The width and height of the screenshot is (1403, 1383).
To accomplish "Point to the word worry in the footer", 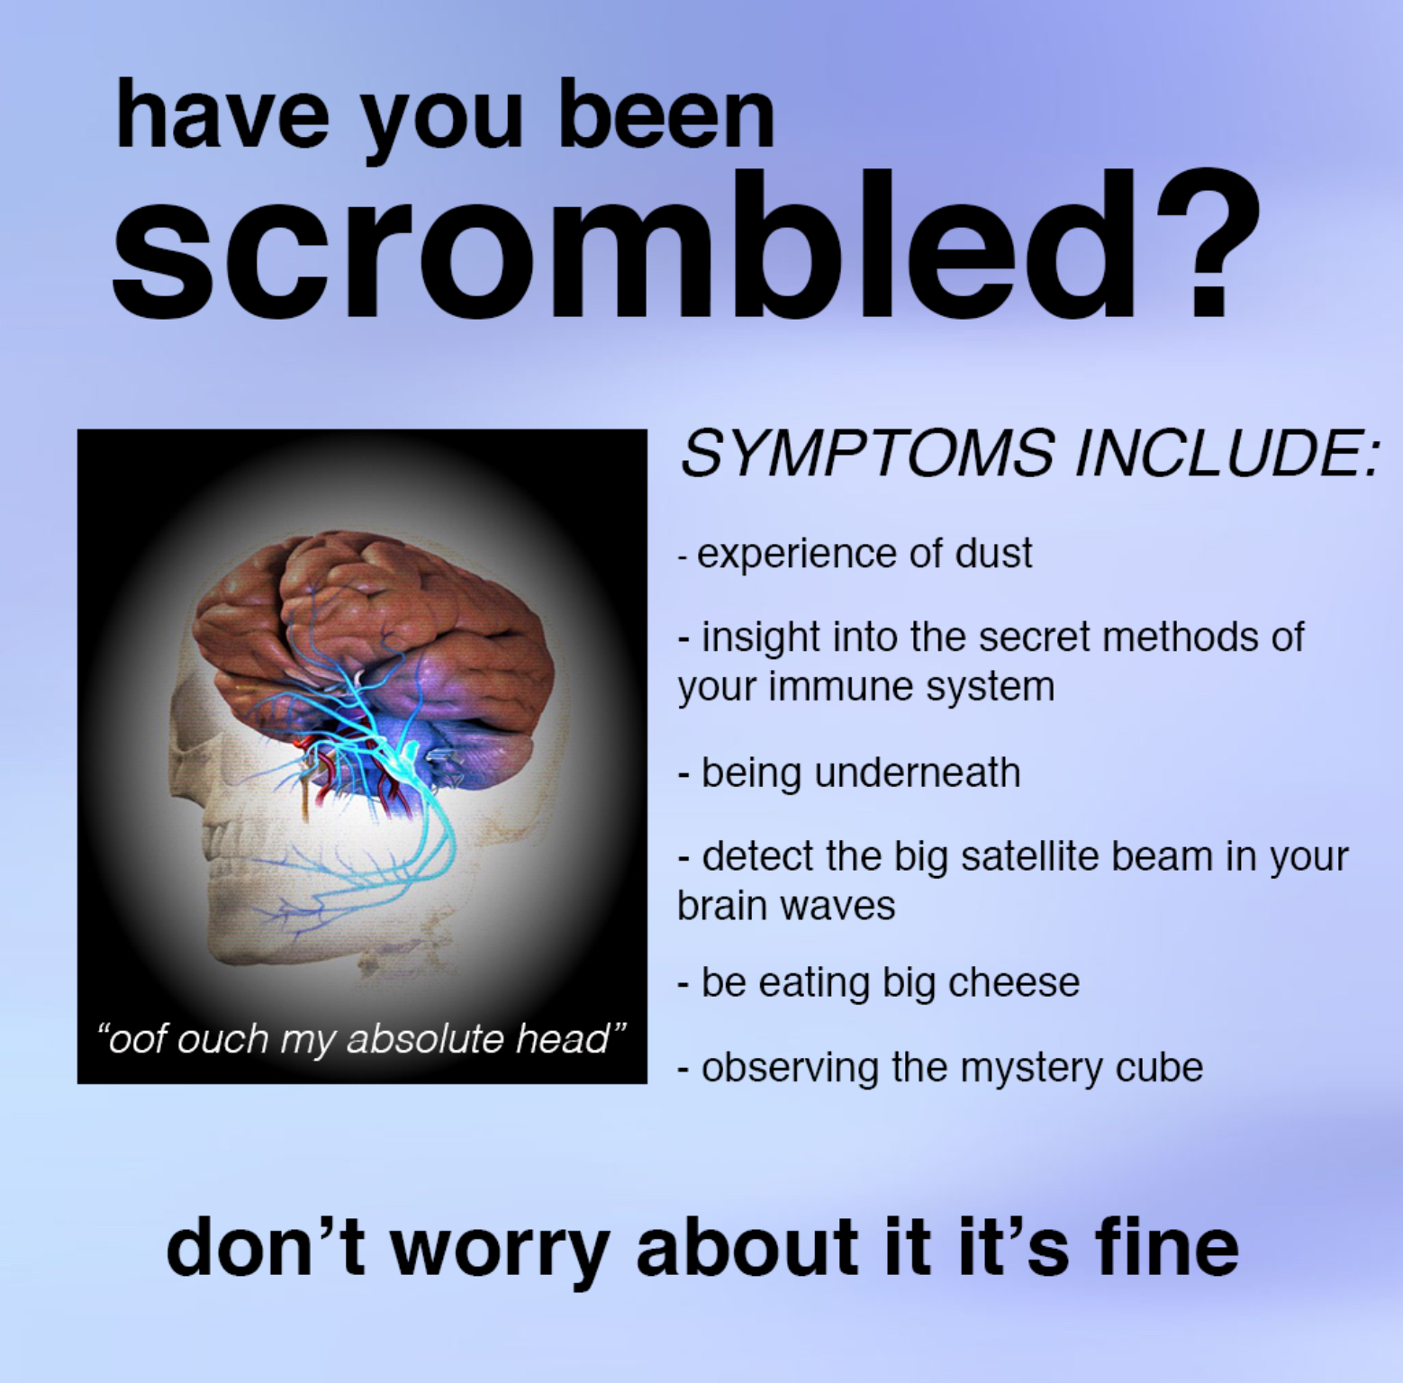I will (x=500, y=1247).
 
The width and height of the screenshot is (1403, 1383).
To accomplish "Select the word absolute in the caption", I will (x=427, y=1039).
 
